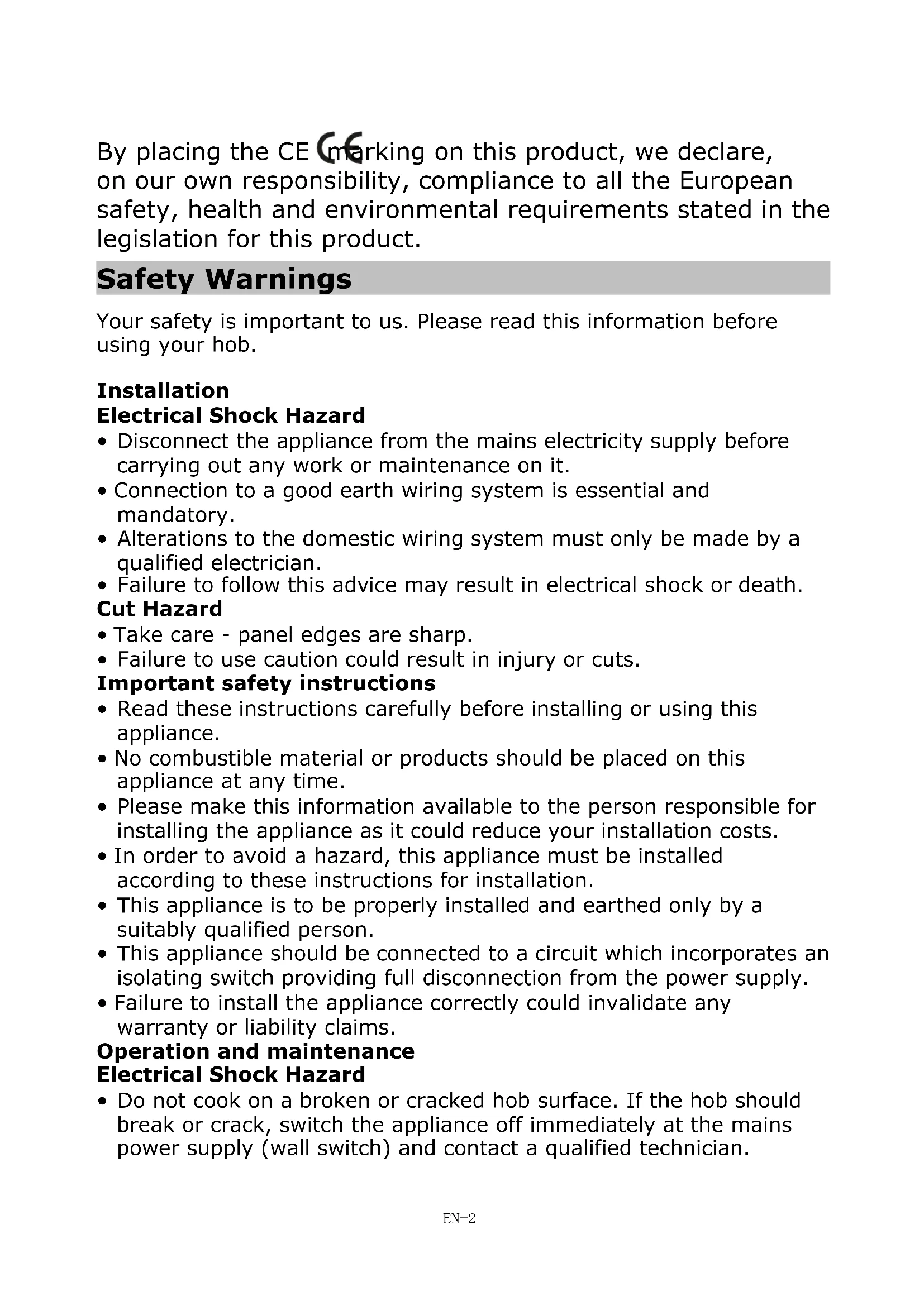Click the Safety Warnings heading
[224, 279]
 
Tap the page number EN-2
[459, 1218]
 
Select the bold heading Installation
[163, 391]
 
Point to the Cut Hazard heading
[159, 609]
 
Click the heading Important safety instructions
[266, 682]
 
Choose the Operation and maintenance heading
[255, 1051]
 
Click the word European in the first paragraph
[736, 181]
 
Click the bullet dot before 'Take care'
[102, 635]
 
